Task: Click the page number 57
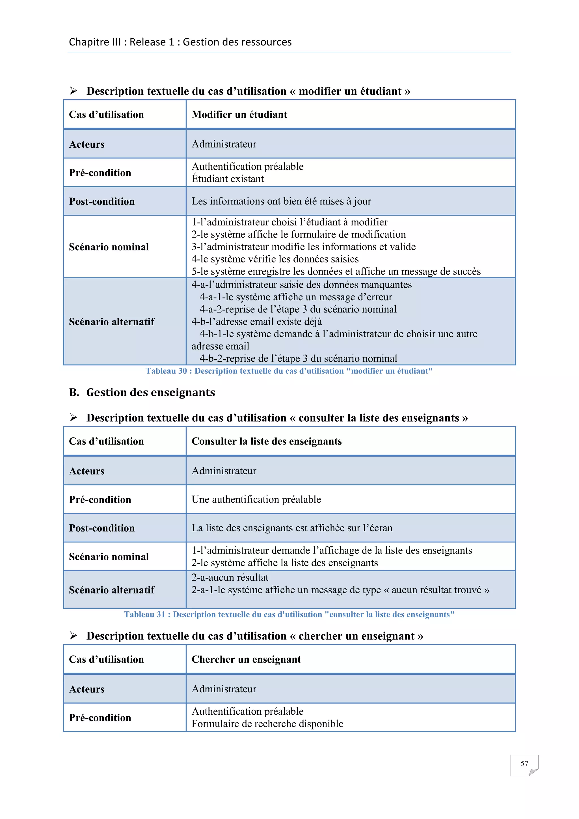524,763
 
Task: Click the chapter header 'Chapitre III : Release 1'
180,42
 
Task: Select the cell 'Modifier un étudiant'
239,115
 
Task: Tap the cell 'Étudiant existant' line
228,179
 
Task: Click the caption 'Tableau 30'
289,371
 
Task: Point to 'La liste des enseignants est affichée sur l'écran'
292,528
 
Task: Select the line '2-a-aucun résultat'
230,577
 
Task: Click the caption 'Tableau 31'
289,615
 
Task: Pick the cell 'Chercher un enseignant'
246,659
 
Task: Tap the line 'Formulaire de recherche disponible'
267,724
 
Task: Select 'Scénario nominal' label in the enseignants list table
109,557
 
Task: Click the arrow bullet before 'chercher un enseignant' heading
74,636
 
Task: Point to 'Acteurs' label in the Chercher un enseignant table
87,689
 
